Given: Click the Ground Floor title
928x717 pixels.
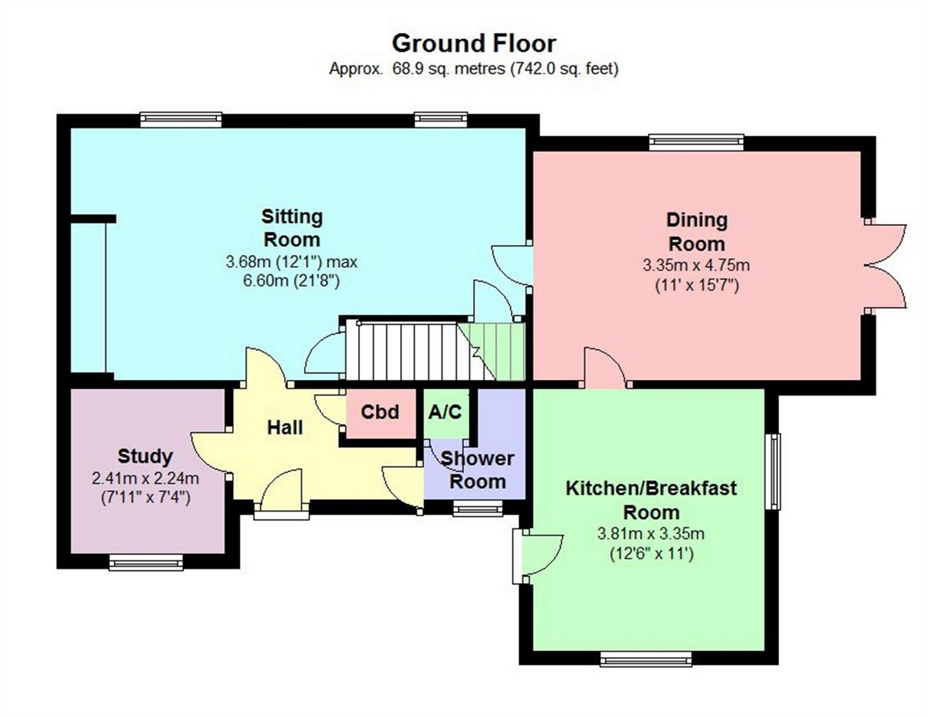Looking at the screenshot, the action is coord(474,44).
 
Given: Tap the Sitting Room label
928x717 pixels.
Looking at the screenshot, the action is coord(292,228).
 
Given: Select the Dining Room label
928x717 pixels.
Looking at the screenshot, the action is coord(696,232).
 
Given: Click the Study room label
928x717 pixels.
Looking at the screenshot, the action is coord(145,456).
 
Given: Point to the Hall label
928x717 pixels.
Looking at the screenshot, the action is coord(285,427).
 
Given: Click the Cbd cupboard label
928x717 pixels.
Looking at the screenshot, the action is coord(379,412).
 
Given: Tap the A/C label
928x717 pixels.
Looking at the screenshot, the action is coord(445,412).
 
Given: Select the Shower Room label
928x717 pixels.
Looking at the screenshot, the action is coord(478,470).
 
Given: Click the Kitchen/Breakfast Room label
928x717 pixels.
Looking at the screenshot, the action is coord(651,500).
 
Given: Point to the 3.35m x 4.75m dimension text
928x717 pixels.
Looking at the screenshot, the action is coord(696,265).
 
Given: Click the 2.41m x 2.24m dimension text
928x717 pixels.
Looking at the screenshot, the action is coord(145,478).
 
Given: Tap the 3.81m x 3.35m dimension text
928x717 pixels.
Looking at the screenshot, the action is coord(651,533).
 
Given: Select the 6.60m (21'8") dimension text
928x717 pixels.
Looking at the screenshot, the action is coord(291,281).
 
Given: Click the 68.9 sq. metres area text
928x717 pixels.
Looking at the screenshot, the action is coord(448,68).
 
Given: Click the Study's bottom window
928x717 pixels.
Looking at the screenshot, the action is coord(146,562).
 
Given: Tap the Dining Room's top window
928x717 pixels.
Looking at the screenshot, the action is coord(696,142).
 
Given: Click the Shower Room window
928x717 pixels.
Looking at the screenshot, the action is coord(478,508).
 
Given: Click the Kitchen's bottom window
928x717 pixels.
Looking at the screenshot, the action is coord(645,659).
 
